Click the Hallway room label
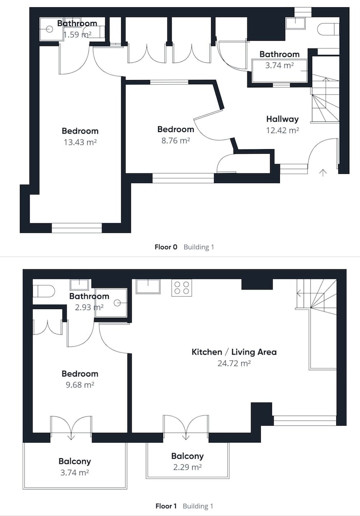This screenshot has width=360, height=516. pyautogui.click(x=283, y=119)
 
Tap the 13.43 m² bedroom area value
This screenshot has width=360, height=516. pyautogui.click(x=80, y=142)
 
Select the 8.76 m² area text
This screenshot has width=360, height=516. pyautogui.click(x=176, y=140)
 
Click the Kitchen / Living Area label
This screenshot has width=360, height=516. pyautogui.click(x=234, y=352)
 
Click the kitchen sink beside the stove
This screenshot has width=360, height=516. pyautogui.click(x=148, y=286)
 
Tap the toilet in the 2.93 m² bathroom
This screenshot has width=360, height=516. pyautogui.click(x=43, y=291)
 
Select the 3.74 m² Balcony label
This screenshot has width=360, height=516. pyautogui.click(x=74, y=461)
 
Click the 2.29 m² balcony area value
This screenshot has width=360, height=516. pyautogui.click(x=187, y=467)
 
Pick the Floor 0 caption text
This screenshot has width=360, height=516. pyautogui.click(x=166, y=247)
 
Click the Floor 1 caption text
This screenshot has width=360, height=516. pyautogui.click(x=166, y=506)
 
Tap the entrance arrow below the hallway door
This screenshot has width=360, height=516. pyautogui.click(x=323, y=172)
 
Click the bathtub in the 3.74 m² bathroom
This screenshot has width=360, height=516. pyautogui.click(x=279, y=71)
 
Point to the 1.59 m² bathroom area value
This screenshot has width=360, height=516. pyautogui.click(x=77, y=35)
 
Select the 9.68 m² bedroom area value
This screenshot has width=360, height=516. pyautogui.click(x=80, y=385)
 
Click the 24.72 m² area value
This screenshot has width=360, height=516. pyautogui.click(x=234, y=363)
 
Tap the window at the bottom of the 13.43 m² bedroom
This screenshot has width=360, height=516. pyautogui.click(x=77, y=228)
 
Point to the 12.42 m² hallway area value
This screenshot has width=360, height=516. pyautogui.click(x=283, y=131)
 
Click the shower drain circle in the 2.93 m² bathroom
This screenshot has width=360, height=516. pyautogui.click(x=117, y=303)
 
